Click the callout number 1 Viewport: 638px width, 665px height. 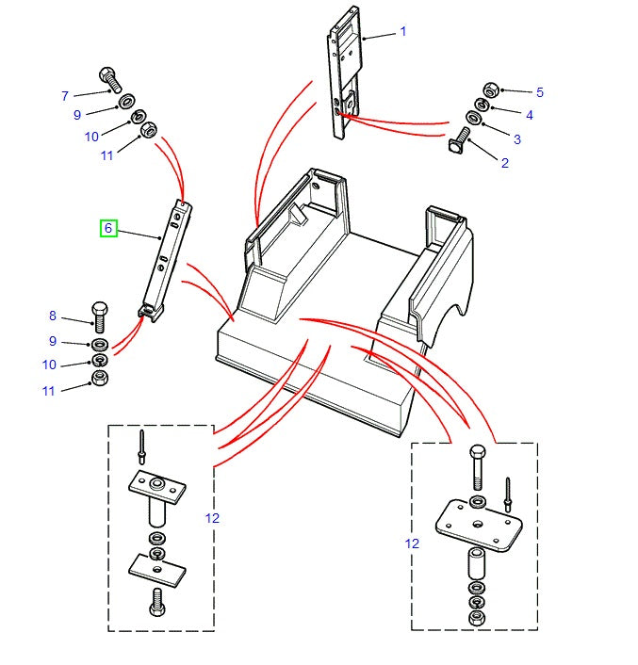coord(403,31)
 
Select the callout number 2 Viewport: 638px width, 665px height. coord(504,163)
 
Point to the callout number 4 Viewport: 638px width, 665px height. coord(530,115)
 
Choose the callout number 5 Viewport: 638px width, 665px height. coord(540,92)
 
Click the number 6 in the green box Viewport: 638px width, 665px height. coord(108,228)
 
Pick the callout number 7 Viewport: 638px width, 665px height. coord(65,95)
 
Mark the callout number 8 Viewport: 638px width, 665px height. coord(53,316)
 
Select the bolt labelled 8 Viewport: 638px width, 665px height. coord(101,313)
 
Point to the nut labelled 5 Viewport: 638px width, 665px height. coord(489,90)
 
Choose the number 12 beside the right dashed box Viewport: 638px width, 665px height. coord(412,543)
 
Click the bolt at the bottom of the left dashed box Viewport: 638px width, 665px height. coord(156,600)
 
